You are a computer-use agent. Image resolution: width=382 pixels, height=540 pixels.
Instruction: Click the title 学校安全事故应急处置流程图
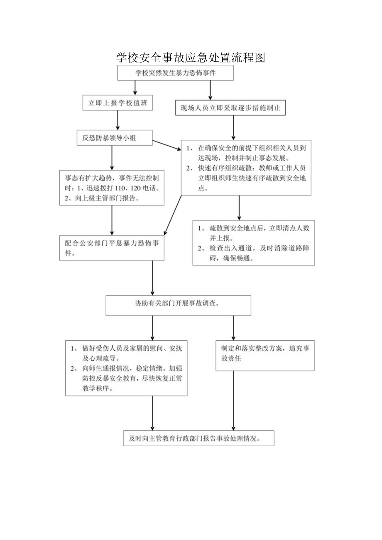(191, 57)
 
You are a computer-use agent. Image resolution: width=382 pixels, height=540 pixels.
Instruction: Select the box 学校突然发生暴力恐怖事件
(176, 73)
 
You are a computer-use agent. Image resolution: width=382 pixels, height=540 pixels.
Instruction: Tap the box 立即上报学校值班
(118, 103)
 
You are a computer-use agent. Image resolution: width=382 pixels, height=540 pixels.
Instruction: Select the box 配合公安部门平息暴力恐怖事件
(111, 248)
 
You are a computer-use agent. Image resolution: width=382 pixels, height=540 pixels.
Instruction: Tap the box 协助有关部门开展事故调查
(179, 305)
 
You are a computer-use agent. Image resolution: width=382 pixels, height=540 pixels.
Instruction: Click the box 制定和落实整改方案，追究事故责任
(265, 355)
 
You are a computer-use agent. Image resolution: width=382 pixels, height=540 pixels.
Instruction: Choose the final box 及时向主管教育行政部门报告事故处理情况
(198, 438)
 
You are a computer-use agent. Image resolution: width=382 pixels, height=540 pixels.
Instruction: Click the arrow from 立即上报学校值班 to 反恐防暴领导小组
(118, 121)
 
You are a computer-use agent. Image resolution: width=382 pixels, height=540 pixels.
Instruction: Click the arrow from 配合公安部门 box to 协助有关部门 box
(153, 278)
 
